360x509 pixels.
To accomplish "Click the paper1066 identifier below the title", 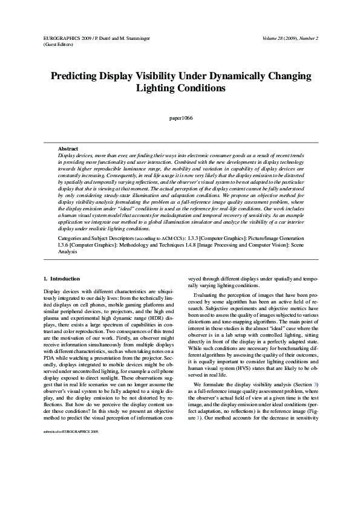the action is (180, 118).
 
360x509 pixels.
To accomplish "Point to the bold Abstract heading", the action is (68, 148).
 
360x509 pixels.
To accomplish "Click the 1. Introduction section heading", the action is (62, 279).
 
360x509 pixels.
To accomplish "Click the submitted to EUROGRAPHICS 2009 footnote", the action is (67, 483).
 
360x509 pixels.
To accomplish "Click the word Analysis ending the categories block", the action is (68, 253).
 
